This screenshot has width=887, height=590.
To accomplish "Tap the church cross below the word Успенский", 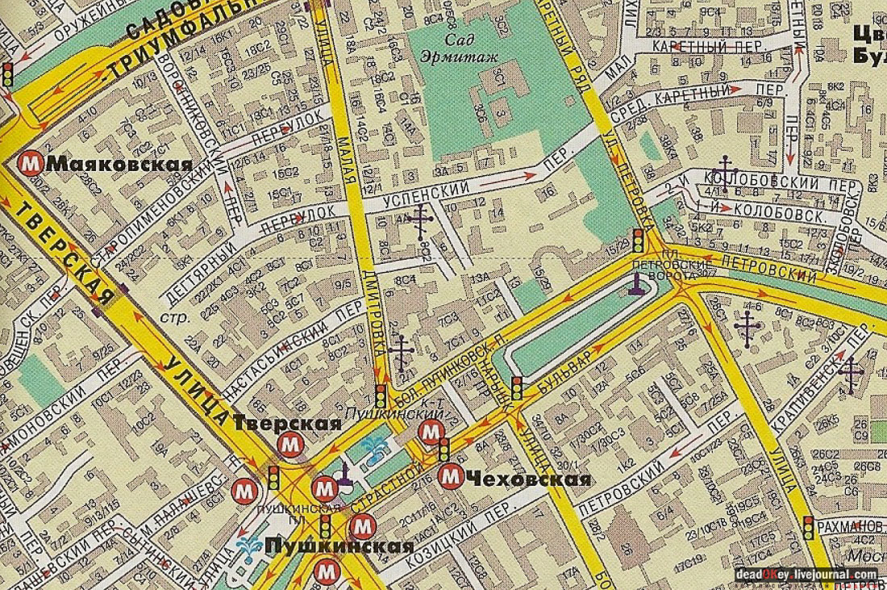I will coord(419,220).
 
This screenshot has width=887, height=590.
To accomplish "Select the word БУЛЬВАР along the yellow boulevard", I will coord(578,364).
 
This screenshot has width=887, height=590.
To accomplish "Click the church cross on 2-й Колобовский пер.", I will coord(726,173).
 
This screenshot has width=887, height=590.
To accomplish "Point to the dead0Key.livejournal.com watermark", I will coord(806,575).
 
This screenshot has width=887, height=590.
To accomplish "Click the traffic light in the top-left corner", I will coord(7,75).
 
